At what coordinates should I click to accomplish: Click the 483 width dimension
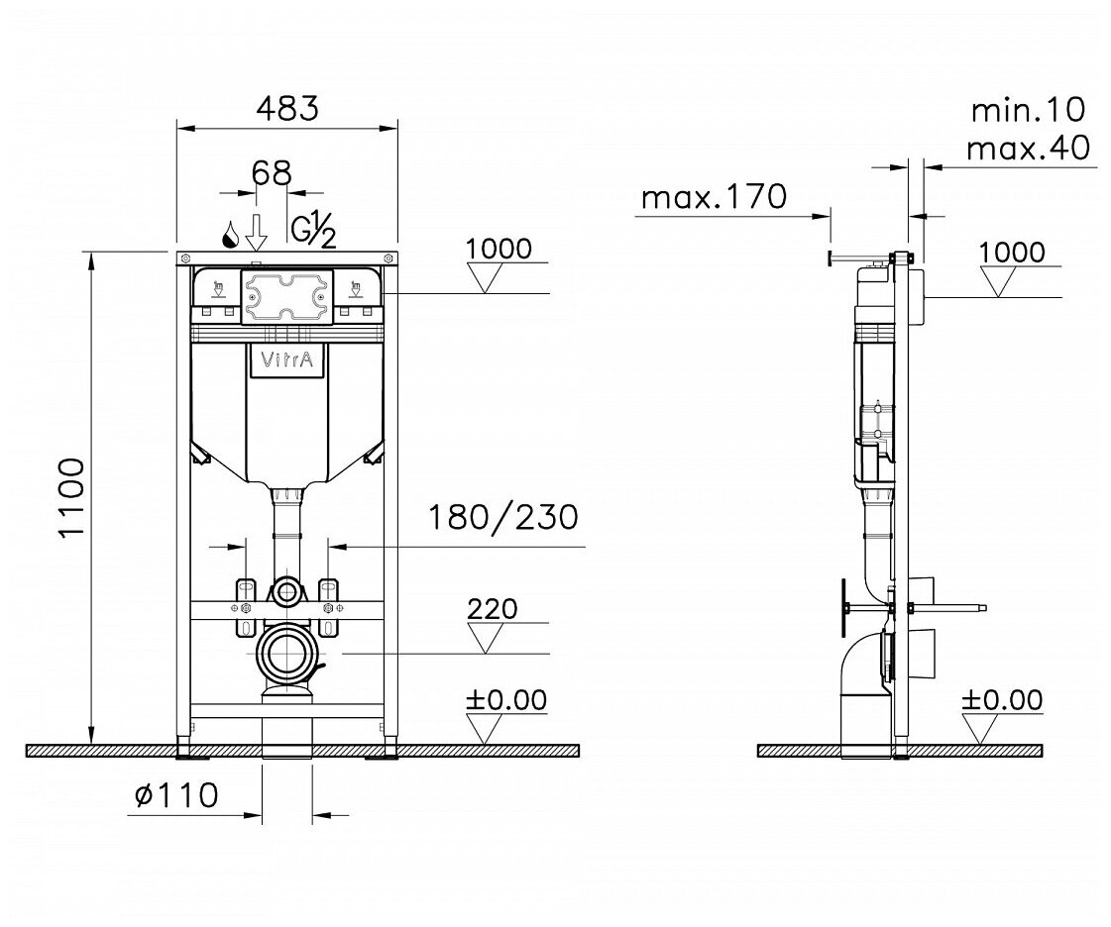point(287,108)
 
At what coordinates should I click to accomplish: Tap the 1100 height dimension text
point(73,498)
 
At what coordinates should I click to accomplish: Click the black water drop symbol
point(230,235)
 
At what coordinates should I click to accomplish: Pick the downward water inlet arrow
point(257,231)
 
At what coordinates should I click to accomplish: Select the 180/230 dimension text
point(503,518)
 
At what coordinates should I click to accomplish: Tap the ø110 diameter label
point(176,796)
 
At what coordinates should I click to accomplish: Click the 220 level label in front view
point(494,608)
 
